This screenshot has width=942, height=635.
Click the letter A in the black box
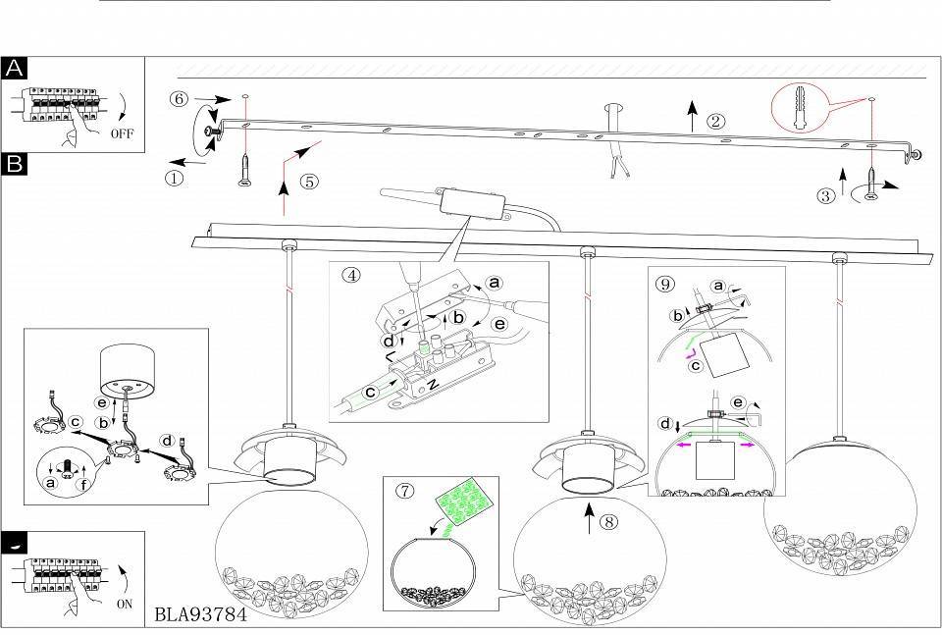(16, 68)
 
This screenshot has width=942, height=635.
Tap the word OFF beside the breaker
(123, 132)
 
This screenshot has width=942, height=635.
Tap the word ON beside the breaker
(124, 605)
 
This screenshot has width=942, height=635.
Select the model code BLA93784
(200, 617)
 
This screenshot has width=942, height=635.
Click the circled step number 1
(174, 180)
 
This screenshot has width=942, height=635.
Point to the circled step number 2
(716, 122)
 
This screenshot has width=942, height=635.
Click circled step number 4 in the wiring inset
(350, 275)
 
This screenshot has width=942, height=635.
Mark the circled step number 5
(310, 181)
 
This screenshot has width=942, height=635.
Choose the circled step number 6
(178, 99)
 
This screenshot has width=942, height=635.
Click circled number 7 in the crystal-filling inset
(404, 491)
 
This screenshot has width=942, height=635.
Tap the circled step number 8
(610, 522)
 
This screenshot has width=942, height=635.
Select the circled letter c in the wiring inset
(371, 390)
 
